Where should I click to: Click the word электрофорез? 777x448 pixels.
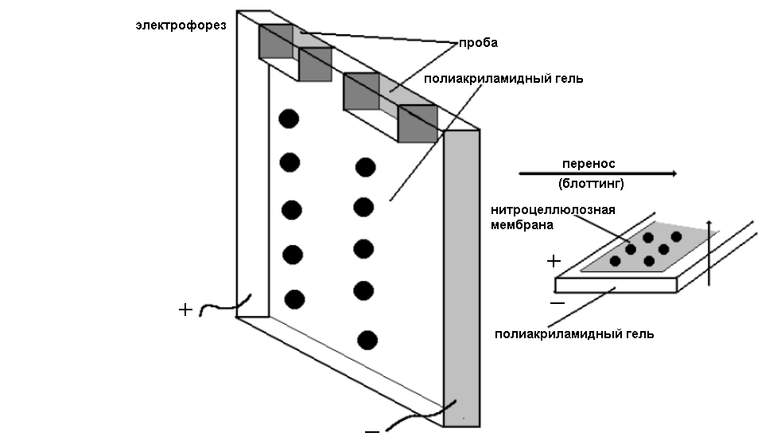click(x=181, y=26)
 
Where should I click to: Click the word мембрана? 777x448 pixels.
click(x=522, y=225)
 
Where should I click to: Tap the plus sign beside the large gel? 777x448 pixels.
click(x=185, y=310)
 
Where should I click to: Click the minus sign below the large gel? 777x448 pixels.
click(x=371, y=431)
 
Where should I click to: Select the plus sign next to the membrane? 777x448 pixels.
click(x=554, y=260)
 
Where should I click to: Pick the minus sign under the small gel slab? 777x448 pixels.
click(x=557, y=303)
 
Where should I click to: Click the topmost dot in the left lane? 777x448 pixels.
click(x=289, y=119)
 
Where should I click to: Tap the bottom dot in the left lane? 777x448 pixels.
click(x=294, y=299)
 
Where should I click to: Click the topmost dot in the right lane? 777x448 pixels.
click(x=365, y=167)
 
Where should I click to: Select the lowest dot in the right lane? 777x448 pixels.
click(x=367, y=340)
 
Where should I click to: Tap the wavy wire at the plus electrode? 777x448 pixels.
click(x=224, y=306)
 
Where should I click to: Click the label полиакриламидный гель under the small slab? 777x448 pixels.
click(x=573, y=334)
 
